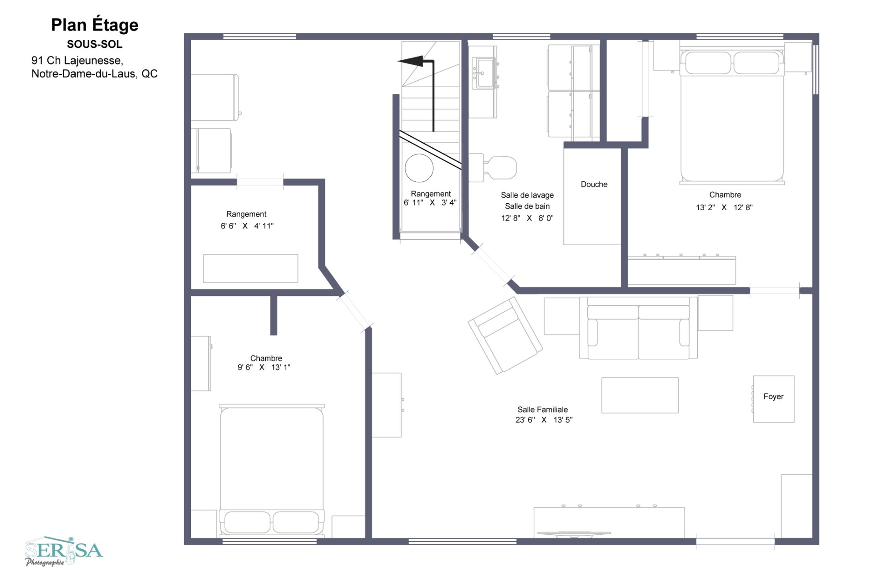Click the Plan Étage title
click(x=94, y=25)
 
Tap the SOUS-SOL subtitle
click(x=94, y=44)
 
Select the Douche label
click(x=594, y=184)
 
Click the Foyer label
click(x=773, y=397)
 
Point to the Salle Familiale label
click(x=542, y=409)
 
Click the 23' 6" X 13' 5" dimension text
click(x=544, y=420)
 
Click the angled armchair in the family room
click(x=505, y=335)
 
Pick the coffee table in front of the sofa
click(x=639, y=395)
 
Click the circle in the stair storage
click(x=419, y=168)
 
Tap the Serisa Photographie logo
click(x=64, y=551)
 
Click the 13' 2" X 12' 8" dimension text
click(x=724, y=207)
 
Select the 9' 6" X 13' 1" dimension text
click(x=263, y=367)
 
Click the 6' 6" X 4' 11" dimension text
click(x=247, y=226)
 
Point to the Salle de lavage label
click(x=527, y=195)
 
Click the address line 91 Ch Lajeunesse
click(x=77, y=61)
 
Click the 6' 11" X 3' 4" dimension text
click(x=430, y=203)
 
